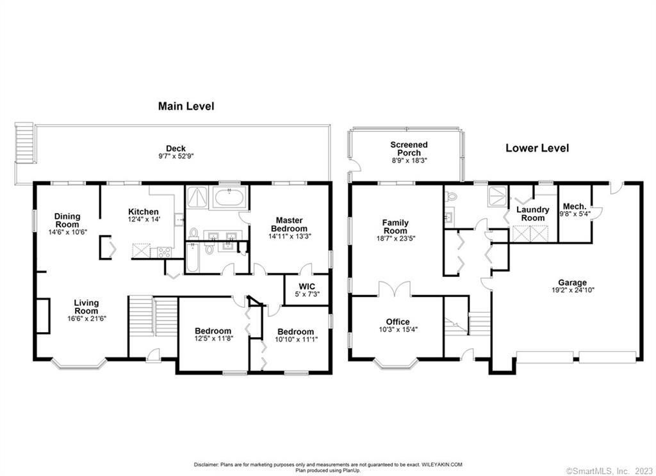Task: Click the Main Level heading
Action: (186, 106)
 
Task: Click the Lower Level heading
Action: (537, 148)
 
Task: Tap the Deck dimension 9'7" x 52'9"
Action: (176, 156)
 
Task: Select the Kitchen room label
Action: (143, 212)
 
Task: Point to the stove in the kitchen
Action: (164, 252)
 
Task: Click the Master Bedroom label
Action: (289, 225)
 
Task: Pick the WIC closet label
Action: (307, 287)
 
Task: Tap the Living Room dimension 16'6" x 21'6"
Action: (86, 318)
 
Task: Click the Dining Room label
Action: (67, 220)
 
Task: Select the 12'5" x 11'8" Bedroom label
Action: (213, 331)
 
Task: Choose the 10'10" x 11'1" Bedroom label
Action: (295, 332)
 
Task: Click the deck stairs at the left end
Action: (24, 143)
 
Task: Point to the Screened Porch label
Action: (409, 149)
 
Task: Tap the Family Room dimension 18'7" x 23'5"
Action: (395, 239)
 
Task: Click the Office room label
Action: (398, 322)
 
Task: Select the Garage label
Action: (572, 283)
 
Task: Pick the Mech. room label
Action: (575, 207)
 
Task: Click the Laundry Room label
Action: (532, 214)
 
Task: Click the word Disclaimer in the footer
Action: (206, 464)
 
